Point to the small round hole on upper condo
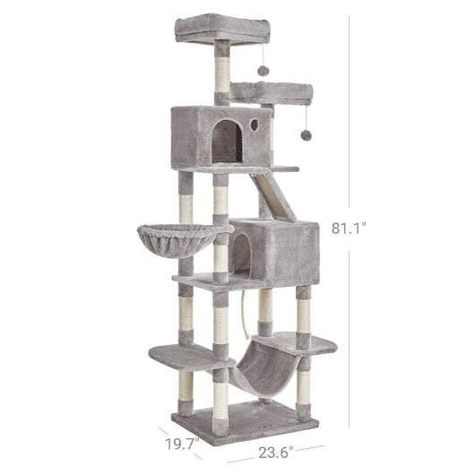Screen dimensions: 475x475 pyautogui.click(x=255, y=125)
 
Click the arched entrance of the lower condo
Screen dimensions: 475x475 pyautogui.click(x=243, y=255)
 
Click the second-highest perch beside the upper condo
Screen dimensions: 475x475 pyautogui.click(x=273, y=90)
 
